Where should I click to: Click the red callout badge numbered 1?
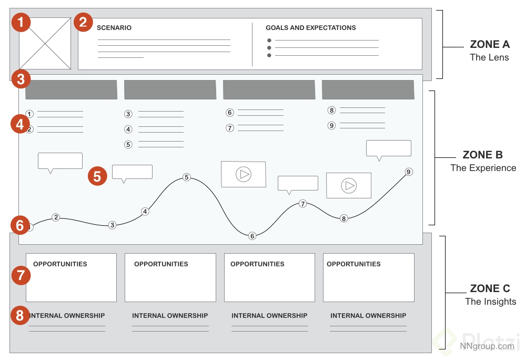(21, 23)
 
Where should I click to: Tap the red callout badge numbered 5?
(97, 176)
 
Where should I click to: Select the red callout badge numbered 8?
(20, 316)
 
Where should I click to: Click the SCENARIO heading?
(114, 28)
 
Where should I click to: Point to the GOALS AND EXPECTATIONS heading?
(310, 28)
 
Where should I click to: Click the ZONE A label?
(489, 45)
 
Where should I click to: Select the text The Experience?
(483, 168)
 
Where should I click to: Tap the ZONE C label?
(490, 288)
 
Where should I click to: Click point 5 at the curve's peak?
(186, 177)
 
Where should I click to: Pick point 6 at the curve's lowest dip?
(252, 236)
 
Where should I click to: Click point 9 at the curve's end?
(409, 172)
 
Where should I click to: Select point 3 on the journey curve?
(112, 225)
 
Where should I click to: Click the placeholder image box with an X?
(45, 43)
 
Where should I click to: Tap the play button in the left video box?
(244, 174)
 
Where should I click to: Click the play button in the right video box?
(348, 185)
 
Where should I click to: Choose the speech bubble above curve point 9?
(388, 148)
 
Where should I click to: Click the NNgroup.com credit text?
(487, 346)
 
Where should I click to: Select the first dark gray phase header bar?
(71, 89)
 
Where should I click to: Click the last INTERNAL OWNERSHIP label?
(368, 316)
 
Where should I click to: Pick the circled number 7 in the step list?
(230, 128)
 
